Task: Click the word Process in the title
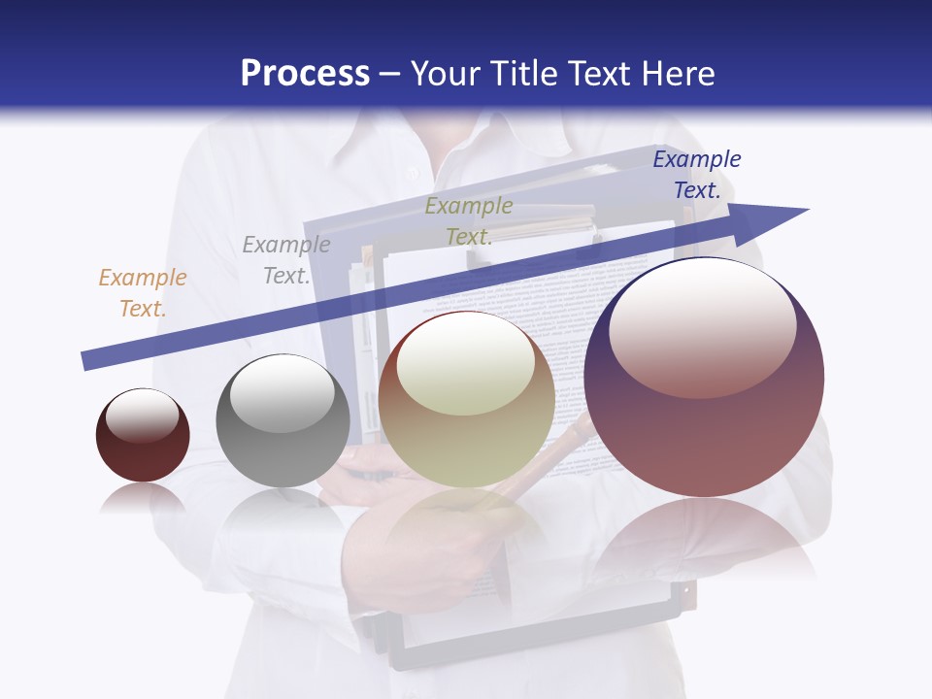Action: pyautogui.click(x=305, y=74)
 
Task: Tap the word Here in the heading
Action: pyautogui.click(x=674, y=74)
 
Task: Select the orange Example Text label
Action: pyautogui.click(x=143, y=293)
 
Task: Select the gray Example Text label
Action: pyautogui.click(x=286, y=260)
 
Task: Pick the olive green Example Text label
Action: pyautogui.click(x=469, y=221)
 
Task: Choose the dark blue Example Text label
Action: pyautogui.click(x=697, y=175)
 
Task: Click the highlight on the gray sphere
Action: pyautogui.click(x=282, y=393)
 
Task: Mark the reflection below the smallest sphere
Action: pyautogui.click(x=143, y=499)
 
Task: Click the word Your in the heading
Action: pyautogui.click(x=448, y=74)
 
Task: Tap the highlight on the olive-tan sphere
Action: pyautogui.click(x=465, y=364)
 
